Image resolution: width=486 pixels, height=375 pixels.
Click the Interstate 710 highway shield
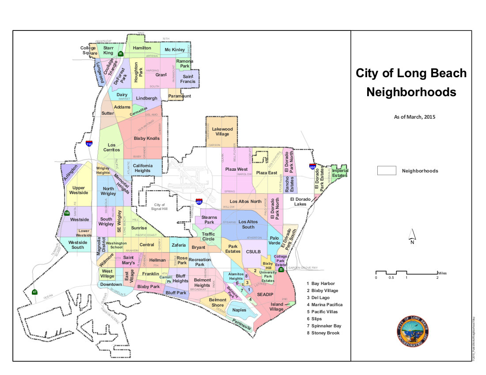point(89,143)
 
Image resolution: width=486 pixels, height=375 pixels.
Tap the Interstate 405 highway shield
point(200,201)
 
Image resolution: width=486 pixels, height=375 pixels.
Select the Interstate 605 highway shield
point(312,166)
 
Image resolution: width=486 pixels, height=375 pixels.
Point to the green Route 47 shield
point(34,292)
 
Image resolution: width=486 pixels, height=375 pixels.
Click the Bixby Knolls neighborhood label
point(147,139)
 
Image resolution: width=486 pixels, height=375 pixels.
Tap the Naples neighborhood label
point(239,310)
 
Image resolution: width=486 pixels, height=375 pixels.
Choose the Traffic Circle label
point(208,236)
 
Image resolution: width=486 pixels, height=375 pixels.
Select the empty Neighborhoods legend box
point(386,171)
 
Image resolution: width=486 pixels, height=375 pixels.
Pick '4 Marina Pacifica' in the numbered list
point(324,304)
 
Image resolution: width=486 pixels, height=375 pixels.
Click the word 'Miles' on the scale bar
point(443,272)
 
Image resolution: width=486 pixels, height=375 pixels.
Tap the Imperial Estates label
point(340,173)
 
